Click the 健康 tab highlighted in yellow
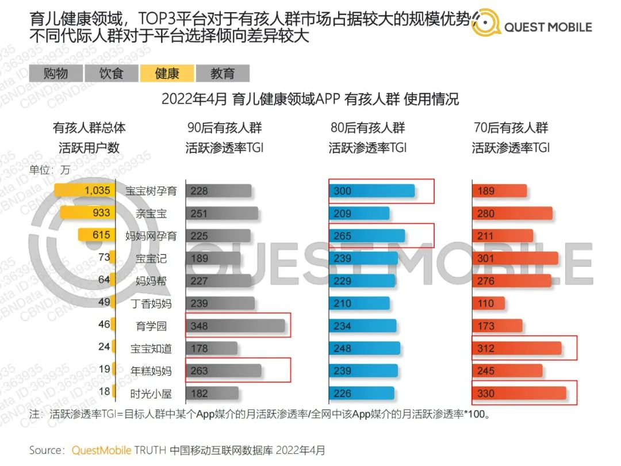coord(167,73)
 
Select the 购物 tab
coord(56,73)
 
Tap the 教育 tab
coord(223,73)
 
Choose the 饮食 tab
coord(112,73)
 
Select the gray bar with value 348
coord(235,326)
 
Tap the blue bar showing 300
coord(371,191)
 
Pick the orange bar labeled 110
coord(488,303)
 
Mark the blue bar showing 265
coord(366,236)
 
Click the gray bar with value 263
coord(223,371)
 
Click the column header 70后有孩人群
coord(511,128)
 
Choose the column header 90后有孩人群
coord(224,128)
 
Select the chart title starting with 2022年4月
coord(310,99)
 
